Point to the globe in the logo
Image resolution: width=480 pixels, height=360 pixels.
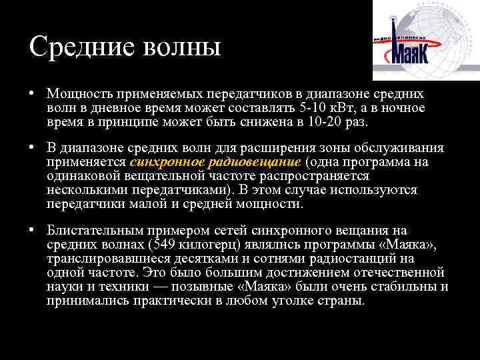[x=440, y=33]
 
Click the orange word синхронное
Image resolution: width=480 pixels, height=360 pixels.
[x=163, y=163]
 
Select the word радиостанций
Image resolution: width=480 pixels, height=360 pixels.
[x=353, y=259]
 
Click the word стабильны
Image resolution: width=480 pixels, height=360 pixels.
[x=407, y=287]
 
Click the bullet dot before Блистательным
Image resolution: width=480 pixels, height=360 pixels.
[x=32, y=230]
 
